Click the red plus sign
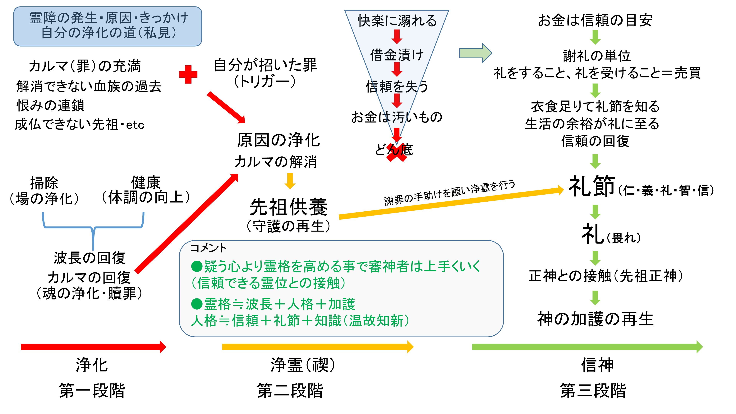coord(188,75)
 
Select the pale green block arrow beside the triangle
coord(475,53)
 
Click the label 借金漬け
coord(397,55)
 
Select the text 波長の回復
coord(90,258)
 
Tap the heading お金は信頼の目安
coord(595,20)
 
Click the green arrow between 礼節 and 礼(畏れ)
coord(595,212)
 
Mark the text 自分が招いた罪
coord(265,65)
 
